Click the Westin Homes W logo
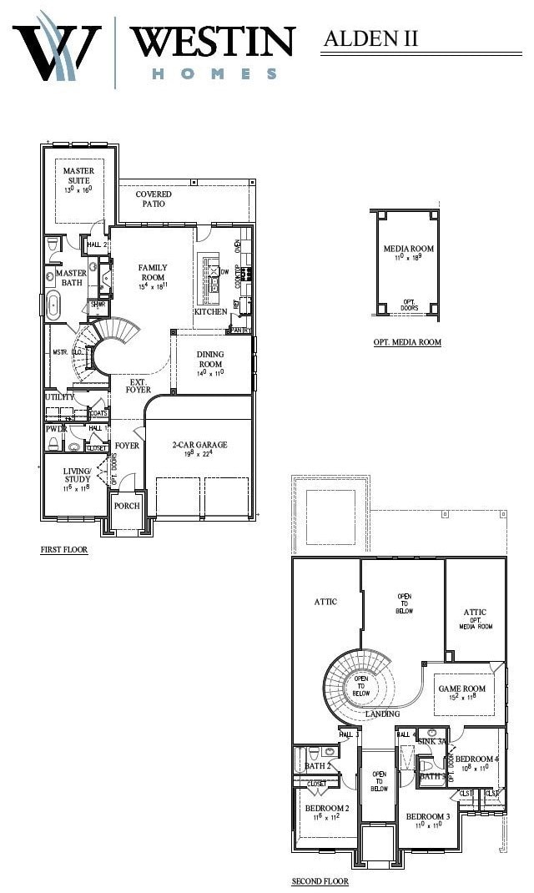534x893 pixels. (x=57, y=48)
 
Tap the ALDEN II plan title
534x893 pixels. (x=370, y=38)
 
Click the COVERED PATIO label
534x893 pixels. (x=154, y=199)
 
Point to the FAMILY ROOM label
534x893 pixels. (x=153, y=273)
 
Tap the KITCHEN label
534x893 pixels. (x=210, y=311)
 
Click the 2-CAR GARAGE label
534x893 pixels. (x=199, y=445)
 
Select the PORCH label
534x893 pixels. (x=127, y=506)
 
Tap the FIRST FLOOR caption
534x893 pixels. (x=64, y=550)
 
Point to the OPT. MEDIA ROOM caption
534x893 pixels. (x=407, y=342)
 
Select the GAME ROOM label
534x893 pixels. (x=461, y=689)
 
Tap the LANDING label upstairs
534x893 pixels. (x=382, y=714)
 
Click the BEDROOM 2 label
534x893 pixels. (x=327, y=809)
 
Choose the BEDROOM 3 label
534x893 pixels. (x=428, y=815)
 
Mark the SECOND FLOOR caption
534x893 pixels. (x=320, y=881)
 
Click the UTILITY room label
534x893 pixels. (x=60, y=397)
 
